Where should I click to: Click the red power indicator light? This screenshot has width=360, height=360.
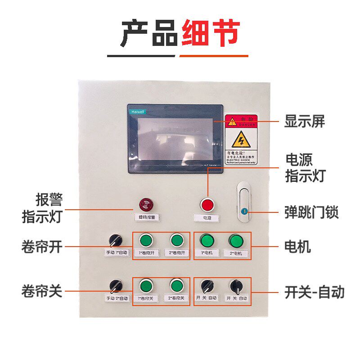207,205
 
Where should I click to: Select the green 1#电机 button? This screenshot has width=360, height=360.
207,240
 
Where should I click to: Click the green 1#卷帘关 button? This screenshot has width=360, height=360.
146,285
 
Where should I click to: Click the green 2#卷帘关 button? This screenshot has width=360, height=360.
176,285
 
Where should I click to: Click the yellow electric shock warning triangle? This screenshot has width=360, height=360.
241,140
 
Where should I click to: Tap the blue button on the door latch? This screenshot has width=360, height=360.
243,211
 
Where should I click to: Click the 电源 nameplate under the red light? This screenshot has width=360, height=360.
207,218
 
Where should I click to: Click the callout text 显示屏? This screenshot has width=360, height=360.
304,121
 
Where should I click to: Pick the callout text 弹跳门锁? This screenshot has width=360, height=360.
311,212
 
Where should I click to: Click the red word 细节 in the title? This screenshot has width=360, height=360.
210,33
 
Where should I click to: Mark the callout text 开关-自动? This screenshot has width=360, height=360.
314,292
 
